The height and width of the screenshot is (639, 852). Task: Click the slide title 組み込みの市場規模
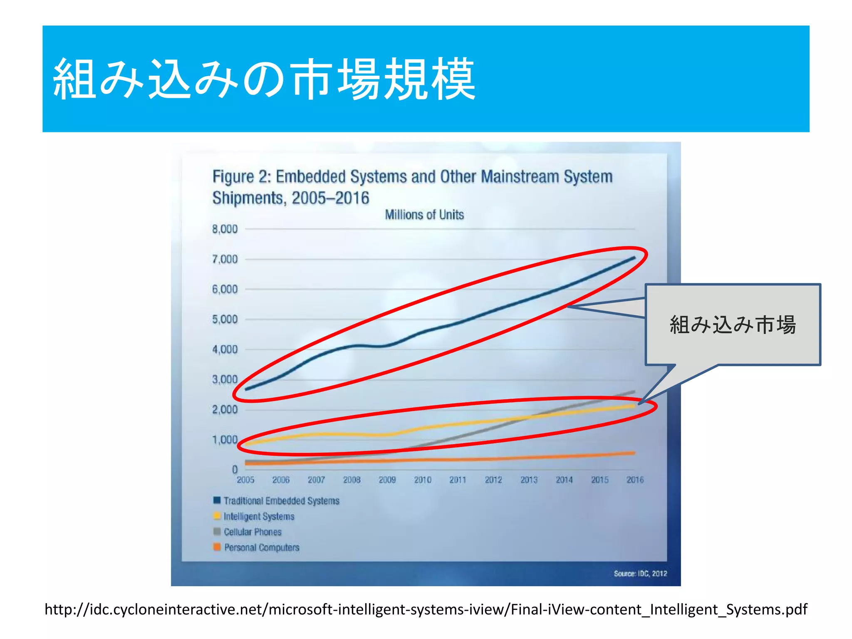click(x=264, y=79)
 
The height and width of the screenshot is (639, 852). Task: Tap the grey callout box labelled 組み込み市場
click(x=733, y=324)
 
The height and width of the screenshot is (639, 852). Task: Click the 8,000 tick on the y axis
click(x=225, y=229)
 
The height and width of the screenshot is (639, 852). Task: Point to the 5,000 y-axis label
click(x=225, y=319)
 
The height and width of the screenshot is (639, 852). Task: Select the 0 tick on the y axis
click(x=235, y=469)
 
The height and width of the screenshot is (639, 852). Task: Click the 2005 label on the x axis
click(x=245, y=480)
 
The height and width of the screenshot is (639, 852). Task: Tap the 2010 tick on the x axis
click(x=423, y=480)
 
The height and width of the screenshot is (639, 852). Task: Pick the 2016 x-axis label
click(x=635, y=480)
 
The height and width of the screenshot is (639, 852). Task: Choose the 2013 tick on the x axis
click(x=529, y=480)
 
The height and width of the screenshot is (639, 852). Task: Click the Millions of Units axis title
click(x=424, y=215)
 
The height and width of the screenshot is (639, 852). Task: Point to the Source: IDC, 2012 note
click(x=640, y=574)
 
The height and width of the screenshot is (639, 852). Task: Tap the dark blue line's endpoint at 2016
click(x=634, y=258)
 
